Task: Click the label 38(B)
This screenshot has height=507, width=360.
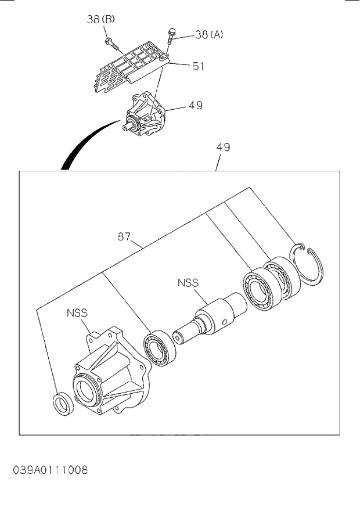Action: (x=101, y=19)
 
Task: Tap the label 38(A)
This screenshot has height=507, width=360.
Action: (x=208, y=34)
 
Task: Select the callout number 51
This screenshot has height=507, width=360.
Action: (x=199, y=66)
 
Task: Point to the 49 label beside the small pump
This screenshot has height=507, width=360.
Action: (x=195, y=106)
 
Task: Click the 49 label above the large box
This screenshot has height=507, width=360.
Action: (x=223, y=148)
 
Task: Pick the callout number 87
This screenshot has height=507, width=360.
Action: (x=124, y=237)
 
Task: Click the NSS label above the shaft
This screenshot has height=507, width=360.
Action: (x=188, y=283)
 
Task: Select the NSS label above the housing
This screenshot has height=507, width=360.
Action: (x=77, y=312)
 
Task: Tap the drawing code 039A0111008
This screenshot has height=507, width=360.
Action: (x=51, y=469)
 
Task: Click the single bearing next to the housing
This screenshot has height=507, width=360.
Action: (x=157, y=348)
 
